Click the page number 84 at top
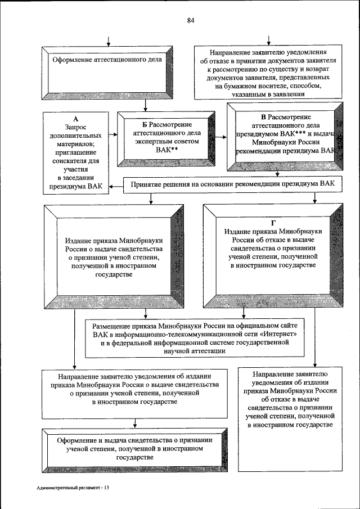click(190, 21)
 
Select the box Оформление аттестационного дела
click(107, 59)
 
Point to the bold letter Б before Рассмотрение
click(145, 124)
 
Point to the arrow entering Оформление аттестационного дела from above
click(108, 41)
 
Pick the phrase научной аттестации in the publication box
click(195, 350)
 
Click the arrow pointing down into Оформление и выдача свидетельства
click(135, 423)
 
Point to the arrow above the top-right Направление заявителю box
click(269, 40)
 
